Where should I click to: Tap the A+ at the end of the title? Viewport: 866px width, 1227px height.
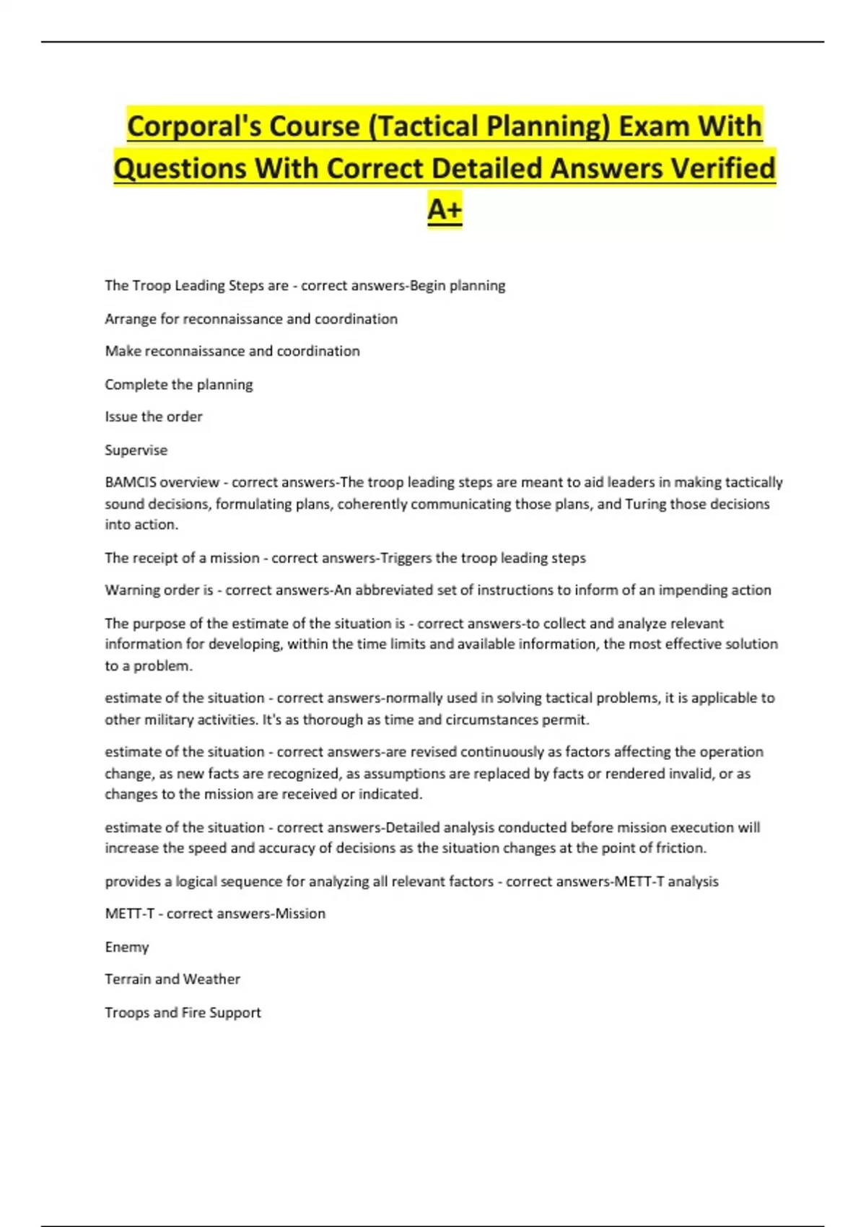[445, 209]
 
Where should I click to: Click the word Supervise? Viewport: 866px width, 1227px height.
[136, 450]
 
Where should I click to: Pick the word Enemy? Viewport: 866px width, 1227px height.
[126, 947]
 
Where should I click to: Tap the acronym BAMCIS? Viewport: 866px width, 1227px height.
[130, 482]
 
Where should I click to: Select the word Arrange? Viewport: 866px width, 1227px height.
[130, 319]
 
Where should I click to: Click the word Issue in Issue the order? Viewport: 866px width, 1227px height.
[120, 416]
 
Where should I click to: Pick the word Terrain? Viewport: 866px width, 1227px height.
[127, 979]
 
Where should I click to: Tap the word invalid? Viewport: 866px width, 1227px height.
[690, 774]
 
